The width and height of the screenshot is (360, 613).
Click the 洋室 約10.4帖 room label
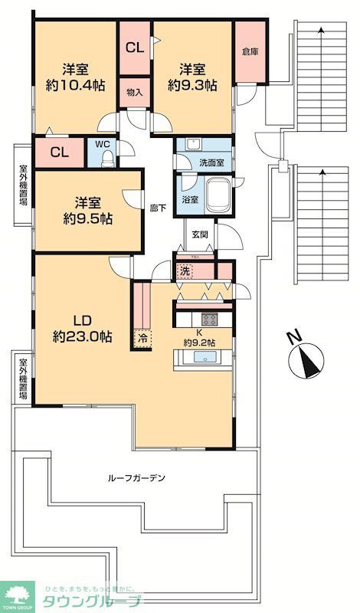[x=74, y=76]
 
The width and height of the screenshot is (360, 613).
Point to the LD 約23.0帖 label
[x=82, y=327]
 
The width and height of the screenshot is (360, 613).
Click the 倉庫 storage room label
[x=250, y=52]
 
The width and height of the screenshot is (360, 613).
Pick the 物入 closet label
[x=134, y=92]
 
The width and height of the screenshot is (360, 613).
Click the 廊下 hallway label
[x=159, y=208]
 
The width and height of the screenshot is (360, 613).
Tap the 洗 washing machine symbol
[x=185, y=270]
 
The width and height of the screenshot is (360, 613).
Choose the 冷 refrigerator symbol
[x=142, y=336]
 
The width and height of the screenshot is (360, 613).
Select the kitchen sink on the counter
[x=205, y=358]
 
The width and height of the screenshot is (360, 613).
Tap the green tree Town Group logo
[x=20, y=593]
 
